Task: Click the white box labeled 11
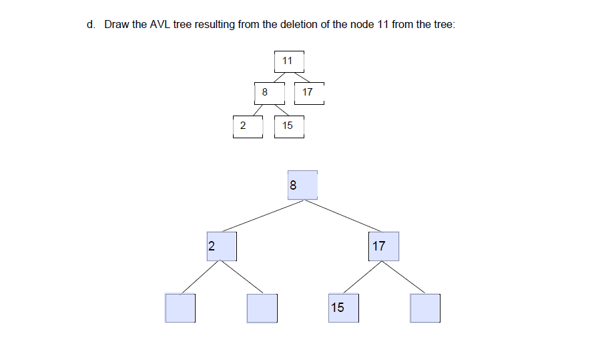[288, 61]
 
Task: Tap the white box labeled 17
[308, 93]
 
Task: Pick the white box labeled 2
[244, 125]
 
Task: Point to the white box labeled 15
[288, 125]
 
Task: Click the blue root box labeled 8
[302, 185]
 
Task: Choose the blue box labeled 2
[222, 246]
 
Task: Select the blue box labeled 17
[384, 246]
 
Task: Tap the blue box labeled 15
[343, 308]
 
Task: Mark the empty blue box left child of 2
[180, 308]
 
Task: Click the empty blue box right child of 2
[262, 308]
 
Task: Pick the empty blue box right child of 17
[425, 308]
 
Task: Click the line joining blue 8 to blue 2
[263, 216]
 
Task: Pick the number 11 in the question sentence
[383, 25]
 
